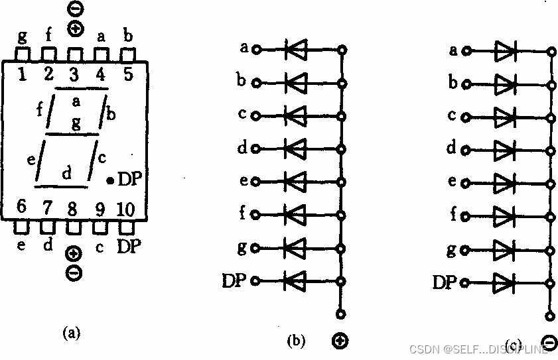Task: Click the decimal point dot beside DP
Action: click(x=110, y=180)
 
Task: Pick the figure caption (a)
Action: click(x=70, y=333)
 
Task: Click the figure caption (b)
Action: click(x=295, y=341)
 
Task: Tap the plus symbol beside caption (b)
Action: click(x=340, y=341)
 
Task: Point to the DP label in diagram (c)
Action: click(x=445, y=282)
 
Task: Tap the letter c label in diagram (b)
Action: click(x=243, y=113)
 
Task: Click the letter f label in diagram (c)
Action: click(x=453, y=214)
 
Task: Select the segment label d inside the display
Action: click(x=66, y=174)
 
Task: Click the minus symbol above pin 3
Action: click(x=75, y=9)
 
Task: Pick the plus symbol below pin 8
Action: click(x=74, y=254)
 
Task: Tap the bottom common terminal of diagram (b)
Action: click(x=341, y=314)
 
